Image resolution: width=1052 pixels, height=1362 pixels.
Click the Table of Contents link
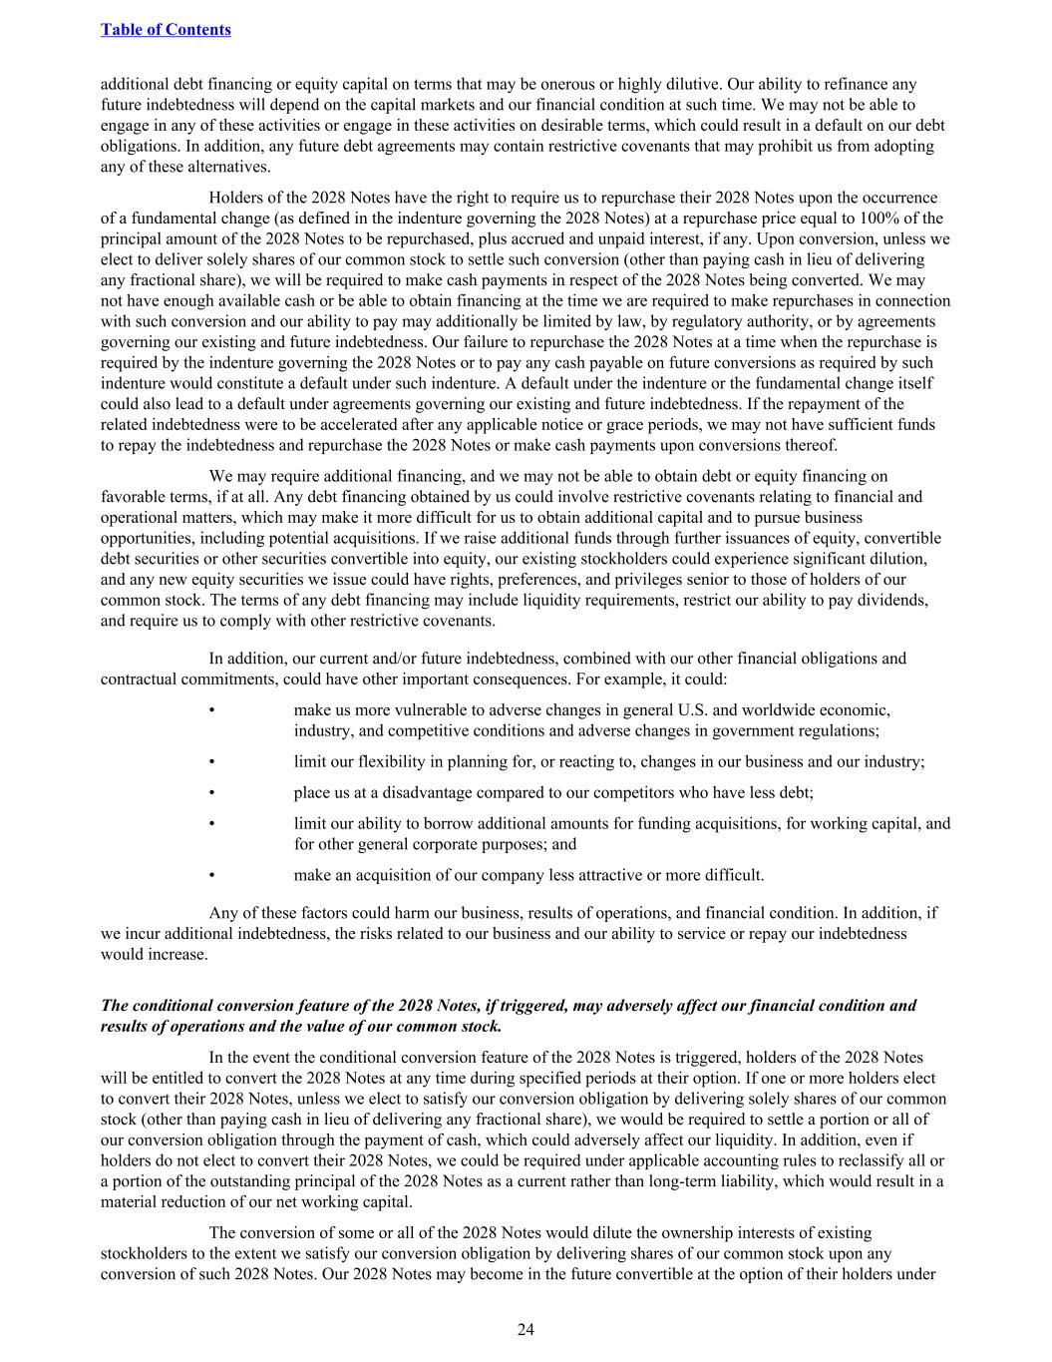click(x=166, y=29)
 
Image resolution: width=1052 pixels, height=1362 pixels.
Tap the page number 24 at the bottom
click(x=526, y=1329)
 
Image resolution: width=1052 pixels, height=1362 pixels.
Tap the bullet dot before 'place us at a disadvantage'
click(x=212, y=793)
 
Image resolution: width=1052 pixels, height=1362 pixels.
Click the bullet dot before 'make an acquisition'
click(x=212, y=876)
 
